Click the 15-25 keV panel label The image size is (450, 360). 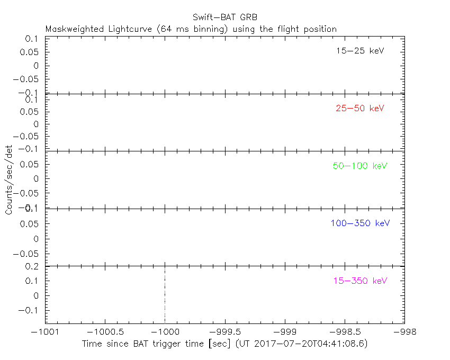[359, 51]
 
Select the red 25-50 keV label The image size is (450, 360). [359, 109]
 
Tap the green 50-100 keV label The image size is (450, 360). [360, 166]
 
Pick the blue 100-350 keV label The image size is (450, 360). [360, 223]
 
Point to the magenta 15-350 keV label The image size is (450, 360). [360, 281]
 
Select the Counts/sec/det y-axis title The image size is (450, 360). [9, 179]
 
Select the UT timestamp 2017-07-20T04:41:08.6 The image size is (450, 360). [310, 344]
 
